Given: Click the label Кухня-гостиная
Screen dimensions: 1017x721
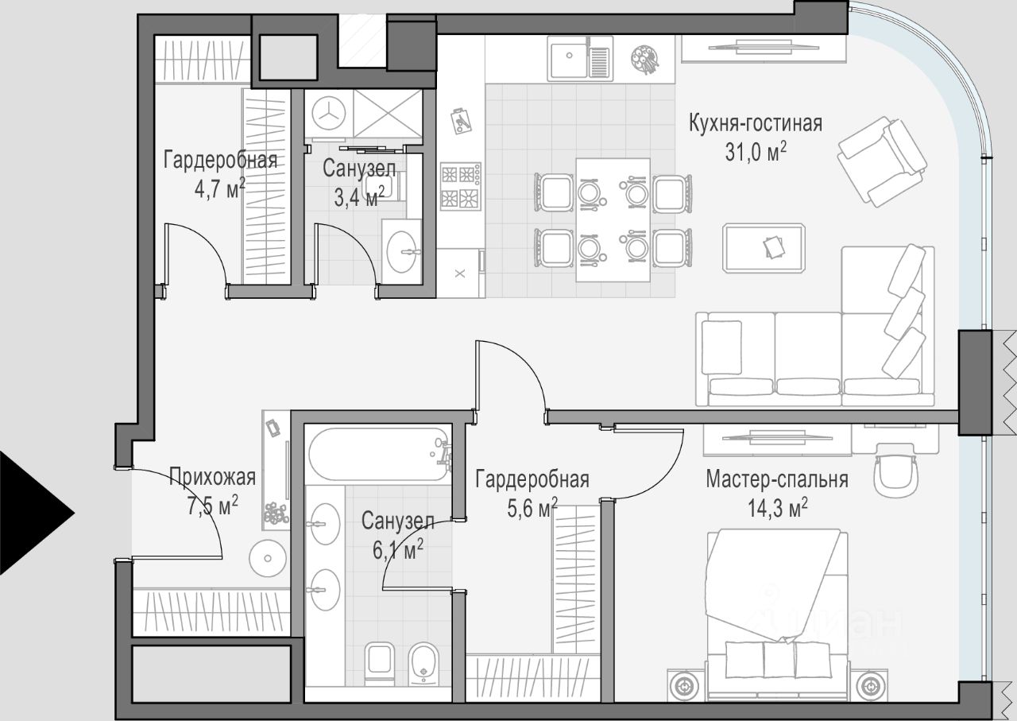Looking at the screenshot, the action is (756, 124).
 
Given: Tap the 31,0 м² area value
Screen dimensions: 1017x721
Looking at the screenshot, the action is (756, 152).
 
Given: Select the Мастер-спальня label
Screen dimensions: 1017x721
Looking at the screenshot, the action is (777, 480).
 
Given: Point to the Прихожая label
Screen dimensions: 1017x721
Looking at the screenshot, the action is (212, 477).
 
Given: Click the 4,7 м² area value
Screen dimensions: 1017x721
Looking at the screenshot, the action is (220, 188).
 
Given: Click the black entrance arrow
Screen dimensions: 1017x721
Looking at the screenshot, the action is (37, 514).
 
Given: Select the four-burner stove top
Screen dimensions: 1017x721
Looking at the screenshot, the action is (460, 186).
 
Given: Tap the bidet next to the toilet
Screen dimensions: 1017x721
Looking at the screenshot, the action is (423, 665).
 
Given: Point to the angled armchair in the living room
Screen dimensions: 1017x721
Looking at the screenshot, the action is (882, 161).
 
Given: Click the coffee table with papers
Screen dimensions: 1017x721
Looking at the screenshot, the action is (764, 248).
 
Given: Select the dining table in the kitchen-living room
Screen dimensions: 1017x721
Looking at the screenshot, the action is (613, 220).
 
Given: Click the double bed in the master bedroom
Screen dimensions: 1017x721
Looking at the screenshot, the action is (777, 615).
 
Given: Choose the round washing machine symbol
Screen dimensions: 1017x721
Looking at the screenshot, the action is (329, 113).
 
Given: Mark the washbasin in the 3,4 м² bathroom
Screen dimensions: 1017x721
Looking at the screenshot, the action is (401, 252).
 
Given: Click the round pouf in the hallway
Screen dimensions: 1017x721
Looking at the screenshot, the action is (268, 558).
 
